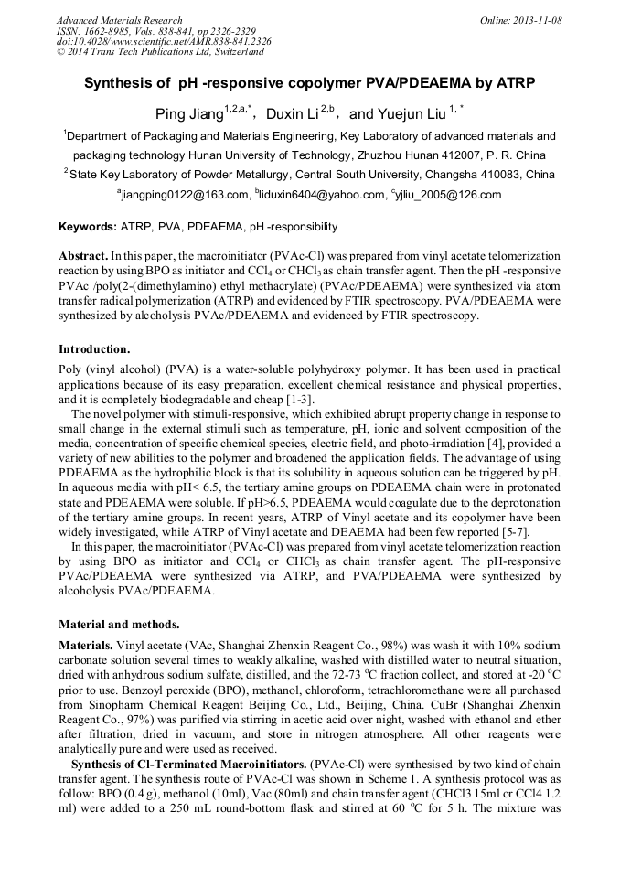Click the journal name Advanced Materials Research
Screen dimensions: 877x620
tap(119, 19)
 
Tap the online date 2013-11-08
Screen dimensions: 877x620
tap(538, 19)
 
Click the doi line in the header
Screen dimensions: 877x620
tap(164, 41)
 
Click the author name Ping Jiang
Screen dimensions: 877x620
tap(188, 114)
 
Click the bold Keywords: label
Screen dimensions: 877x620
tap(87, 227)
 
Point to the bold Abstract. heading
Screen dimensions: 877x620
tap(83, 257)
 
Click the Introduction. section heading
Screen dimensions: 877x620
tap(94, 348)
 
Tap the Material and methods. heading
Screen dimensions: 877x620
tap(119, 625)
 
